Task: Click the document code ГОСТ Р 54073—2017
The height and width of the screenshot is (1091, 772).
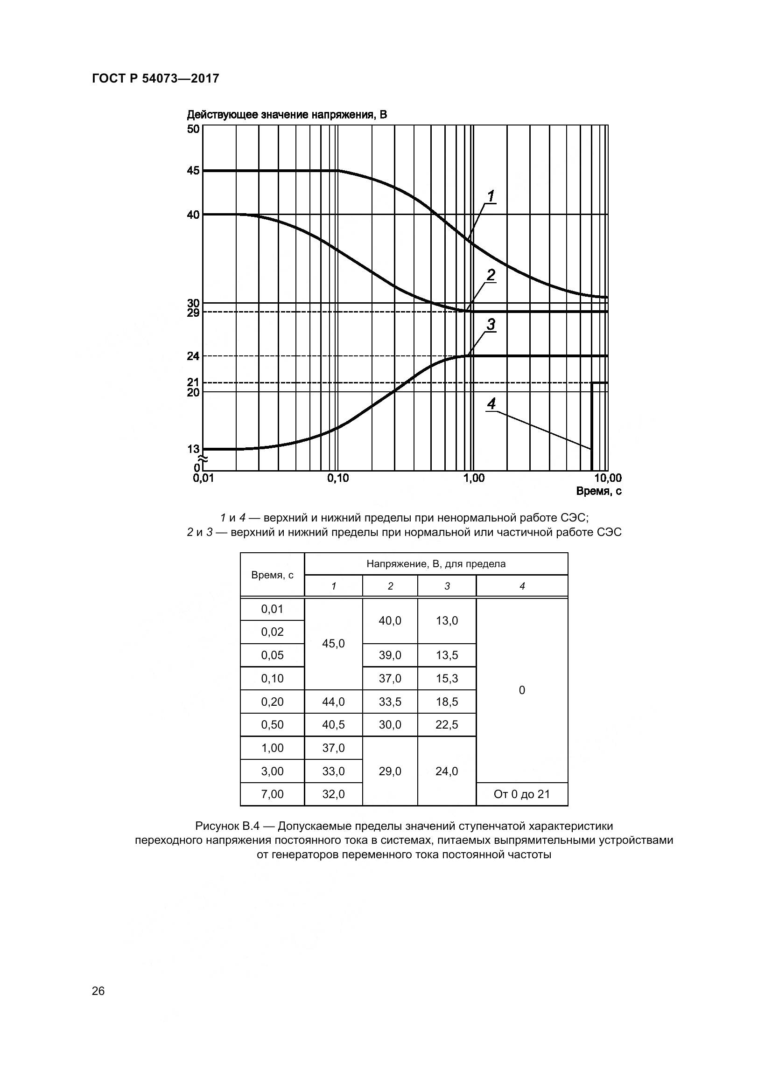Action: pos(155,79)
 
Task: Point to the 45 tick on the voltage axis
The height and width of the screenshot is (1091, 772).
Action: pos(193,171)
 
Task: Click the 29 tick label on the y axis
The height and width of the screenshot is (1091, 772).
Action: pos(193,313)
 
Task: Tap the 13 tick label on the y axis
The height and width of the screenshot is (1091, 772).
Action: pos(193,449)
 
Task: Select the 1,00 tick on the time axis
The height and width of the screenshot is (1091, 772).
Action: pos(473,479)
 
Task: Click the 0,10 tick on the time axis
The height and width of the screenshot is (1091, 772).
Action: pos(338,479)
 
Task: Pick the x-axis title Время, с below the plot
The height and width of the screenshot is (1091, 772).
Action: pos(598,491)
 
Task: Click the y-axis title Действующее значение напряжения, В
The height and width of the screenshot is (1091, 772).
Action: pos(287,115)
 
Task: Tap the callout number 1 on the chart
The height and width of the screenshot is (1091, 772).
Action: pos(491,196)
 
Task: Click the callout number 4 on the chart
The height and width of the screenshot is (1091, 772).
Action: pos(491,404)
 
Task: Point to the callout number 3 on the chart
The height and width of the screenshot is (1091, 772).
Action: pos(491,325)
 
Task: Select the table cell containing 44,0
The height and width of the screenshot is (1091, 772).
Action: pos(333,702)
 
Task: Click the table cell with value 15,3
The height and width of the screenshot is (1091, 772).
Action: pos(447,679)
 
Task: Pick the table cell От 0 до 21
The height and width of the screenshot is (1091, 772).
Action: pos(521,794)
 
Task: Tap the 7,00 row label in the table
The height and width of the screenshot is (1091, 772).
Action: pos(272,794)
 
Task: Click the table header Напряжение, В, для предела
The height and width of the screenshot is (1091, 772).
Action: pos(435,564)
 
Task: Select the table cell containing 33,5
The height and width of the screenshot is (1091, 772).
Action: pos(390,702)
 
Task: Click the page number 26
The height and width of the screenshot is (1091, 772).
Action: pos(98,991)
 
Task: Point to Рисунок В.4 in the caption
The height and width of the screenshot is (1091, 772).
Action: pos(226,827)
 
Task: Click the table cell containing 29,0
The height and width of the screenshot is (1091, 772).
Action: pos(390,771)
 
